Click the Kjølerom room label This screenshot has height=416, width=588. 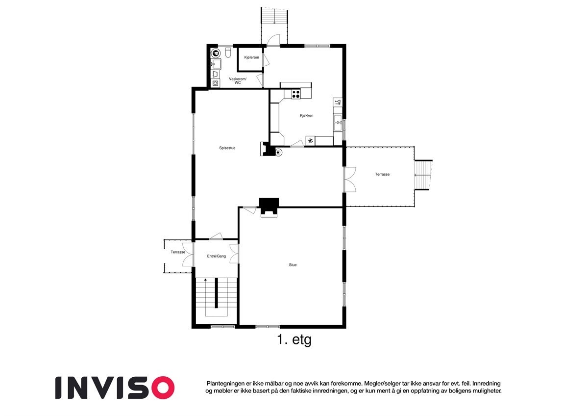point(251,57)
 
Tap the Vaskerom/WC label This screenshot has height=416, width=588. point(238,81)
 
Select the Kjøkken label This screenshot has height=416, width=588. point(307,116)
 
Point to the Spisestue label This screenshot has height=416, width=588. point(227,148)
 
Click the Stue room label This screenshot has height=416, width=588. point(293,265)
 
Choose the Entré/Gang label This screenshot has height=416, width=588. point(216,256)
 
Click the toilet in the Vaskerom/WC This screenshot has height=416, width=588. point(228,52)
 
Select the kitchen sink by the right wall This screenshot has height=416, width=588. point(338,123)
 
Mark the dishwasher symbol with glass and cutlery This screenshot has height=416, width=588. point(338,102)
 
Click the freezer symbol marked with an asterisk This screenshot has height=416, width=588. point(310,141)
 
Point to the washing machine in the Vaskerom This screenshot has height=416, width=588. point(216,83)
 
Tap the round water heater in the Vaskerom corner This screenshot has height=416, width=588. point(215,53)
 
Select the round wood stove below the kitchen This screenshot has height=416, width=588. point(278,153)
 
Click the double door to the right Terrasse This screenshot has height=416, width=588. point(349,179)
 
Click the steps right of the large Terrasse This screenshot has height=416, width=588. point(424,175)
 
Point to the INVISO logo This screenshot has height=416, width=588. point(115,388)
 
